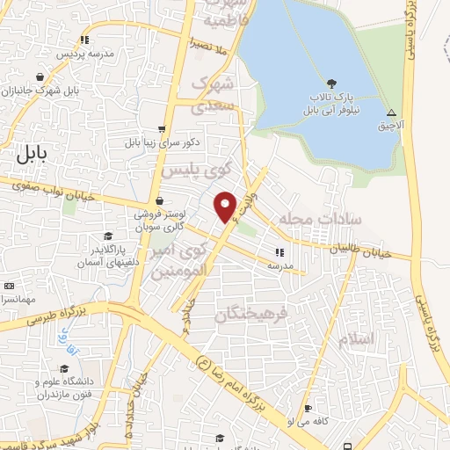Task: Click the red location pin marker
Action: pos(226,206)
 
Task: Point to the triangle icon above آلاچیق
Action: pos(391,113)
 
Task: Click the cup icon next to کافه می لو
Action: pos(308,409)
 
